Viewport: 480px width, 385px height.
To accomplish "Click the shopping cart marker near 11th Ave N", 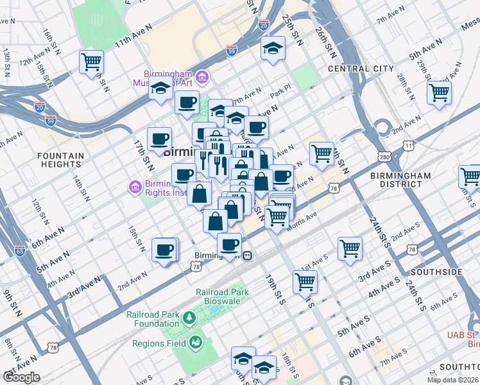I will [91, 62].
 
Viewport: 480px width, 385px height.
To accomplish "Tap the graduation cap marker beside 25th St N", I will [273, 49].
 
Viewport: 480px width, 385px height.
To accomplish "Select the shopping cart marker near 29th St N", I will [440, 92].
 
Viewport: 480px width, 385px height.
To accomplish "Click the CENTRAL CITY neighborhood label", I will [361, 69].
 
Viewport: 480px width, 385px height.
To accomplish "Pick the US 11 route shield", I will [409, 147].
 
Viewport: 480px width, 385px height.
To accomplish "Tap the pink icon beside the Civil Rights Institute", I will [135, 187].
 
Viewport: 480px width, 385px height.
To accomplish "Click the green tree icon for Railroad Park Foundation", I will [189, 318].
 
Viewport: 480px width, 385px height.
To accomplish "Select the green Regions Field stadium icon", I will [195, 343].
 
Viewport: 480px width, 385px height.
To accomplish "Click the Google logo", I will [21, 377].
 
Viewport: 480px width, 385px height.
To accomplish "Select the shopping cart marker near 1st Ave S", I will [350, 248].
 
